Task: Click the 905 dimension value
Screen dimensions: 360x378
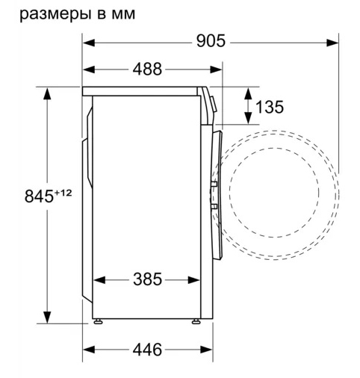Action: pyautogui.click(x=211, y=41)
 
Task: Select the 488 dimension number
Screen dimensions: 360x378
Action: pyautogui.click(x=147, y=69)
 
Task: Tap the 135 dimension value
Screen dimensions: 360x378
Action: pyautogui.click(x=270, y=107)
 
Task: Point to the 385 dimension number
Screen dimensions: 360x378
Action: pyautogui.click(x=147, y=279)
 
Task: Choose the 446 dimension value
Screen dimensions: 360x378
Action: pyautogui.click(x=147, y=350)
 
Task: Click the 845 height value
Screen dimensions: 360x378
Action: pyautogui.click(x=39, y=196)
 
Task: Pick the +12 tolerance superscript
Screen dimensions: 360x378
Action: pyautogui.click(x=63, y=193)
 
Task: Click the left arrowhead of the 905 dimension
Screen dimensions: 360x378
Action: pyautogui.click(x=89, y=43)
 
